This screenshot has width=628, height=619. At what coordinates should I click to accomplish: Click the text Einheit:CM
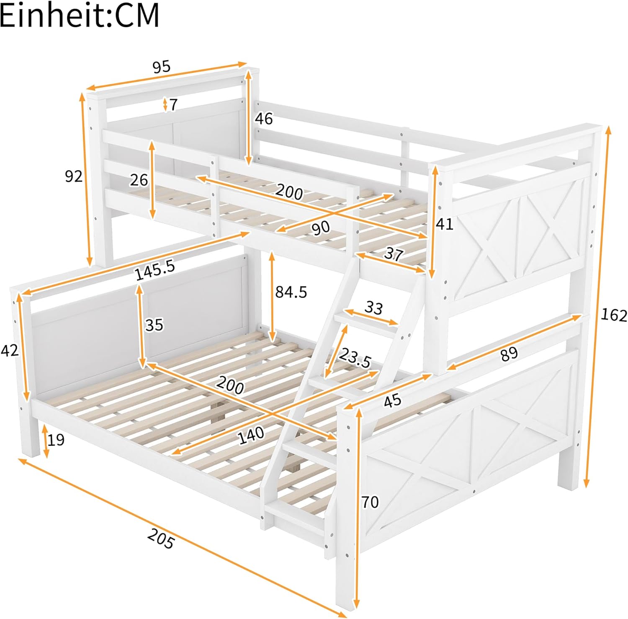pyautogui.click(x=80, y=15)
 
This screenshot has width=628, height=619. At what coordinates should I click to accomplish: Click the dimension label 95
pyautogui.click(x=162, y=67)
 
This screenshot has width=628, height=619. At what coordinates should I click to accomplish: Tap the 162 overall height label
pyautogui.click(x=614, y=315)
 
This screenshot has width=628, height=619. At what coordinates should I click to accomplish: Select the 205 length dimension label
pyautogui.click(x=160, y=539)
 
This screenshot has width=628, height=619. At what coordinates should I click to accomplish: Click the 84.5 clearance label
pyautogui.click(x=291, y=292)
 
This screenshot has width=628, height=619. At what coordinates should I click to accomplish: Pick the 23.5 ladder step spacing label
pyautogui.click(x=355, y=357)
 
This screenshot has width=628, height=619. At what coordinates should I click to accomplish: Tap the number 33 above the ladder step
pyautogui.click(x=374, y=308)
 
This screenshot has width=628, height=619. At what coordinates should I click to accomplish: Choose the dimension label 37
pyautogui.click(x=394, y=254)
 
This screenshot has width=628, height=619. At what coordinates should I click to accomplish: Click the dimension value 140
pyautogui.click(x=251, y=435)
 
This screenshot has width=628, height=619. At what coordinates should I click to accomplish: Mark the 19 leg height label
pyautogui.click(x=56, y=440)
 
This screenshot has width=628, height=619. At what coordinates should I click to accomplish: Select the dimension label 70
pyautogui.click(x=370, y=502)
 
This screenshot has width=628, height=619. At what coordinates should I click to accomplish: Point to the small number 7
pyautogui.click(x=174, y=104)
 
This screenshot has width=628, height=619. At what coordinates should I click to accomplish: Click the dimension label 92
pyautogui.click(x=74, y=176)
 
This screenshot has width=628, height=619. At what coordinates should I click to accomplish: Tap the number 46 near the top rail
pyautogui.click(x=264, y=119)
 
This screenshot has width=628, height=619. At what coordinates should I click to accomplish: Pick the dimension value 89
pyautogui.click(x=509, y=355)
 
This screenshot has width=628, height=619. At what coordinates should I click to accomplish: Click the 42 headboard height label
pyautogui.click(x=10, y=350)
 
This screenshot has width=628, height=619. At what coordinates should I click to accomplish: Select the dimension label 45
pyautogui.click(x=393, y=401)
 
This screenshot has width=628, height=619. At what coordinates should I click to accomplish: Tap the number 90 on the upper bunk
pyautogui.click(x=321, y=228)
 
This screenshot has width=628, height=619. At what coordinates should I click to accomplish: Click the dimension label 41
pyautogui.click(x=445, y=224)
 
